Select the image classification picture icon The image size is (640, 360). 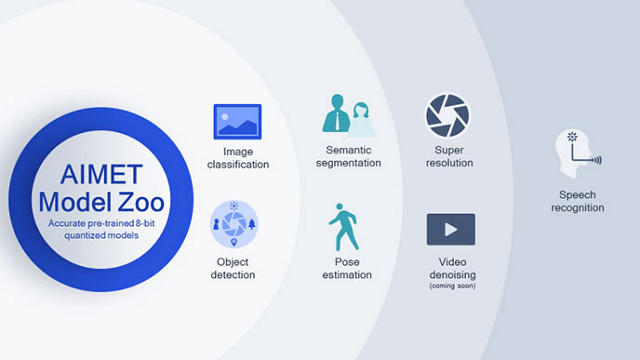click(237, 121)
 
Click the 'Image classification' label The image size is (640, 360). click(237, 158)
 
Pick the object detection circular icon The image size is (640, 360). click(234, 223)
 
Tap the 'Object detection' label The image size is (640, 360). click(233, 267)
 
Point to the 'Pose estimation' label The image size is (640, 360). click(346, 267)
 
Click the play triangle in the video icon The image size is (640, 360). click(451, 229)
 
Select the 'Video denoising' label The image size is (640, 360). click(451, 267)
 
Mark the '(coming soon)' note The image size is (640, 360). click(451, 286)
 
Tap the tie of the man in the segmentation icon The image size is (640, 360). click(337, 120)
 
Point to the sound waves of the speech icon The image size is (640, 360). click(596, 158)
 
